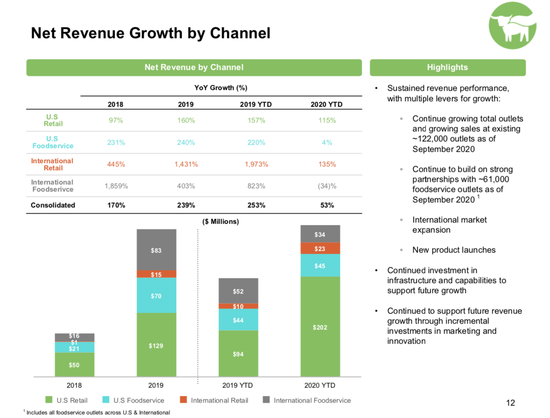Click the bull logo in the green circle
coord(512,26)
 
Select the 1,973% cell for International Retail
coord(256,164)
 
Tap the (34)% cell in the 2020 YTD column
coord(327,186)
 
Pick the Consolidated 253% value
coord(256,205)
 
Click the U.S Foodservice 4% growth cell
coord(327,143)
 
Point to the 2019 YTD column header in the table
coord(256,104)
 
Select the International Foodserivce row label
coord(52,186)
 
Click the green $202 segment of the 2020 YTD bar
coord(320,327)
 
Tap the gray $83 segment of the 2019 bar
coord(156,250)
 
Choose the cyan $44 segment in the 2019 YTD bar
coord(238,320)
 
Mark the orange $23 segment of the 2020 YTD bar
coord(320,249)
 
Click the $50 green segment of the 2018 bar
coord(74,365)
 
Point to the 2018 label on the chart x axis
coord(74,385)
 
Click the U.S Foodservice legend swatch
coord(106,400)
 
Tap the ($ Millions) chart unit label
coord(221,222)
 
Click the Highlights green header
coord(447,67)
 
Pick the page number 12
coord(510,403)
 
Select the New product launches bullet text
coord(454,250)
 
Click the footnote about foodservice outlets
coord(98,413)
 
